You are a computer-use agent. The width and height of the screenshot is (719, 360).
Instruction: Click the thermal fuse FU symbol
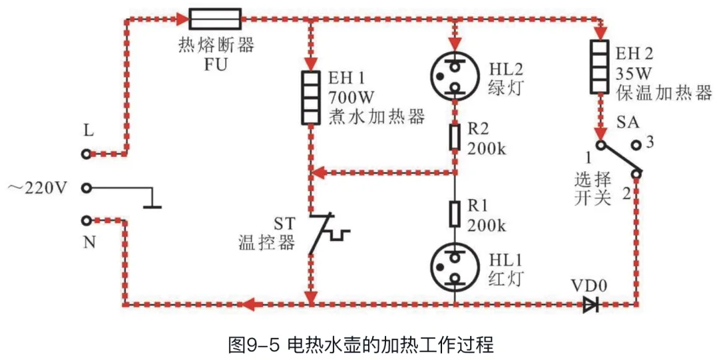(215, 18)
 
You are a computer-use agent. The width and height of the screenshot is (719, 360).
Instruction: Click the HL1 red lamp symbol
(455, 266)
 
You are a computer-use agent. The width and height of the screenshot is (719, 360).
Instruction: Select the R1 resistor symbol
(455, 214)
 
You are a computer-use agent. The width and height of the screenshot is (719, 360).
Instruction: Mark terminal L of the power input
(86, 154)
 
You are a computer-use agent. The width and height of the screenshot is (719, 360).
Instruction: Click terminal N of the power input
(86, 220)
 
